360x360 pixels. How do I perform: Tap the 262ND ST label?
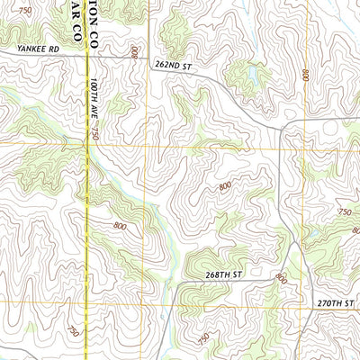tap(174, 66)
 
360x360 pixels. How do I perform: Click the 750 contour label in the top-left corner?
tap(24, 9)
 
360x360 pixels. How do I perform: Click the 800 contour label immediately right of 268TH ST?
tap(280, 278)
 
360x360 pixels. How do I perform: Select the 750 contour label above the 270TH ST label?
tap(344, 211)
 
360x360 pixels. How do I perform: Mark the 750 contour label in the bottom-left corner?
tap(72, 332)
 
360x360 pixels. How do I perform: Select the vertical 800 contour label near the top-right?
tap(306, 75)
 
